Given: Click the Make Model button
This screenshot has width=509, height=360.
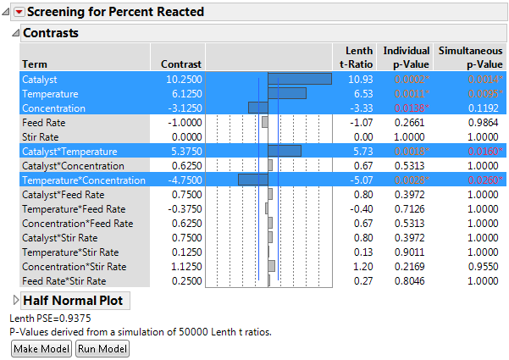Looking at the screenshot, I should click(41, 349).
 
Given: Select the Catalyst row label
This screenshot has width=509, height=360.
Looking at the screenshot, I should click(41, 79).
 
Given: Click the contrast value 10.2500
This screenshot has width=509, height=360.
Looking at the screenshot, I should click(181, 79).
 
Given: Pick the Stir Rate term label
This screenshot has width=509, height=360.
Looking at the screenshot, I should click(41, 136).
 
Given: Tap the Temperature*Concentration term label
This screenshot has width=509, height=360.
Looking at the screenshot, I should click(83, 180).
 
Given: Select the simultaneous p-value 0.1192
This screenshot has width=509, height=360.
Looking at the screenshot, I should click(486, 108).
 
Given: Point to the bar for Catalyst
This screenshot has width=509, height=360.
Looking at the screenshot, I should click(299, 79).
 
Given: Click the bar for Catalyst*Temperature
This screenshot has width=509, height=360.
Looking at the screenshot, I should click(284, 151).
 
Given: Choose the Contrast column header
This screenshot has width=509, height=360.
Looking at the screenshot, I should click(181, 64).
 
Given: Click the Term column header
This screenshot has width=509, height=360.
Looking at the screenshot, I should click(35, 64).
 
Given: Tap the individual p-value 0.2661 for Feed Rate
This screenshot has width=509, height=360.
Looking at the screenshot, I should click(414, 122).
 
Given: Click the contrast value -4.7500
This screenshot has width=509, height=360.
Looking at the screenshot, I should click(181, 180).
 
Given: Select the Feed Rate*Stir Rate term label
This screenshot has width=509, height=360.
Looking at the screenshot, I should click(64, 280).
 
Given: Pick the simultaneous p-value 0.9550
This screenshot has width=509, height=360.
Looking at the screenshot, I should click(486, 266).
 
